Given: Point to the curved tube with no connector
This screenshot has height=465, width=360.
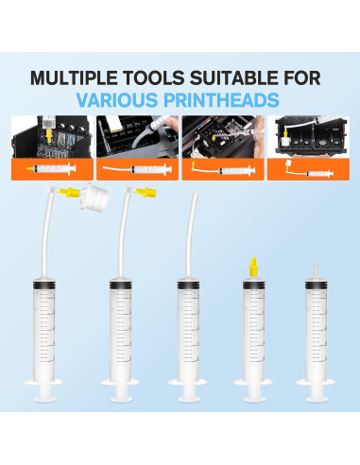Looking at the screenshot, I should tap(192, 227).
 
